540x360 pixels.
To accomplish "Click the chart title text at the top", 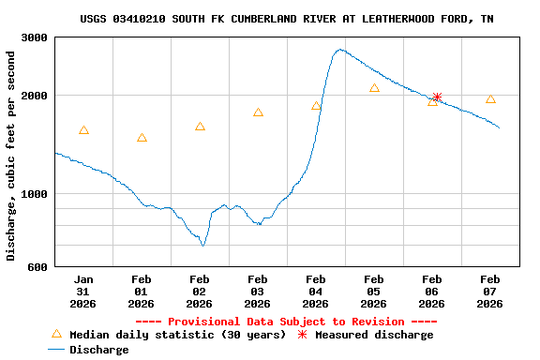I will point(287,19).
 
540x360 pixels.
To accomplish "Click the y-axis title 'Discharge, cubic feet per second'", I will point(11,156).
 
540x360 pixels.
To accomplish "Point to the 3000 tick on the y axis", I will point(36,37).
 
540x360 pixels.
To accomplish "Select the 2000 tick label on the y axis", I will point(36,96).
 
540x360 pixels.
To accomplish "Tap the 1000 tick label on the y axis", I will point(36,194).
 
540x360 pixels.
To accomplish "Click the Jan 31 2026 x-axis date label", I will point(83,292).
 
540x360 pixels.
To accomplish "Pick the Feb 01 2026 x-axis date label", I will point(142,292).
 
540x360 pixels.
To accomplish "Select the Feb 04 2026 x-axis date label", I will point(316,292).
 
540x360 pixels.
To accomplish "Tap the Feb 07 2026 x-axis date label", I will point(490,292).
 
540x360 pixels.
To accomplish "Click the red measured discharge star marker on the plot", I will point(437,97).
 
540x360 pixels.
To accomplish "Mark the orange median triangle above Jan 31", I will point(83,130).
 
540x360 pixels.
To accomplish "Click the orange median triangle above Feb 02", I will point(200,127).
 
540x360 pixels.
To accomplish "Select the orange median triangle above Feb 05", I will point(374,88).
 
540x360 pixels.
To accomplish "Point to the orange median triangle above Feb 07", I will point(490,98).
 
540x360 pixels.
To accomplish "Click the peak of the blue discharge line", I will point(339,50).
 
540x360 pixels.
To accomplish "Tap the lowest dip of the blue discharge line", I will point(202,246).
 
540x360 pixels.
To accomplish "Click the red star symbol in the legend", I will point(302,335).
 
